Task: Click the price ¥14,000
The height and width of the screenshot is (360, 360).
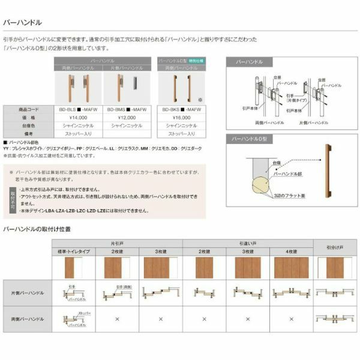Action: point(79,118)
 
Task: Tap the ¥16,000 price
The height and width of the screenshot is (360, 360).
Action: point(181,118)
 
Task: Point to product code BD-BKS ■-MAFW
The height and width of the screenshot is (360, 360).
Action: point(181,110)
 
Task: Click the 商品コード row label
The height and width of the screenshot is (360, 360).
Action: point(29,110)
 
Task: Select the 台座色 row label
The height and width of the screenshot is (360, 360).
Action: point(29,127)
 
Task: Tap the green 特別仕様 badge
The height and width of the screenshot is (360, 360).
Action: point(197,61)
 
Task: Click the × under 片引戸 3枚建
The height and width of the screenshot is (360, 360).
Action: point(161,319)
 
